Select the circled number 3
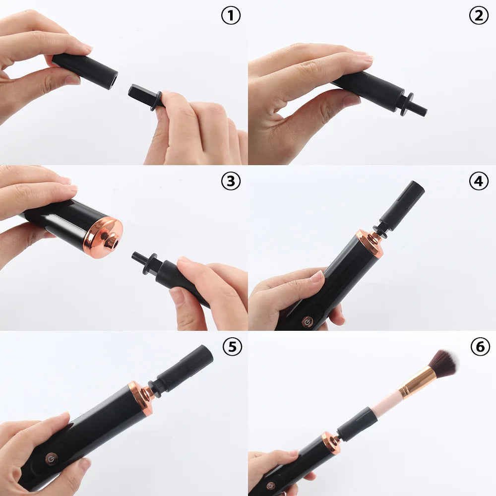(x=230, y=182)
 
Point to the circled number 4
(x=478, y=182)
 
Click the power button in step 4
(x=307, y=322)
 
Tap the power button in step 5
(x=51, y=458)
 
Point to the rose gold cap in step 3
(x=103, y=238)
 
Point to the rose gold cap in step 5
(x=141, y=396)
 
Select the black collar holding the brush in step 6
(x=357, y=425)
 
